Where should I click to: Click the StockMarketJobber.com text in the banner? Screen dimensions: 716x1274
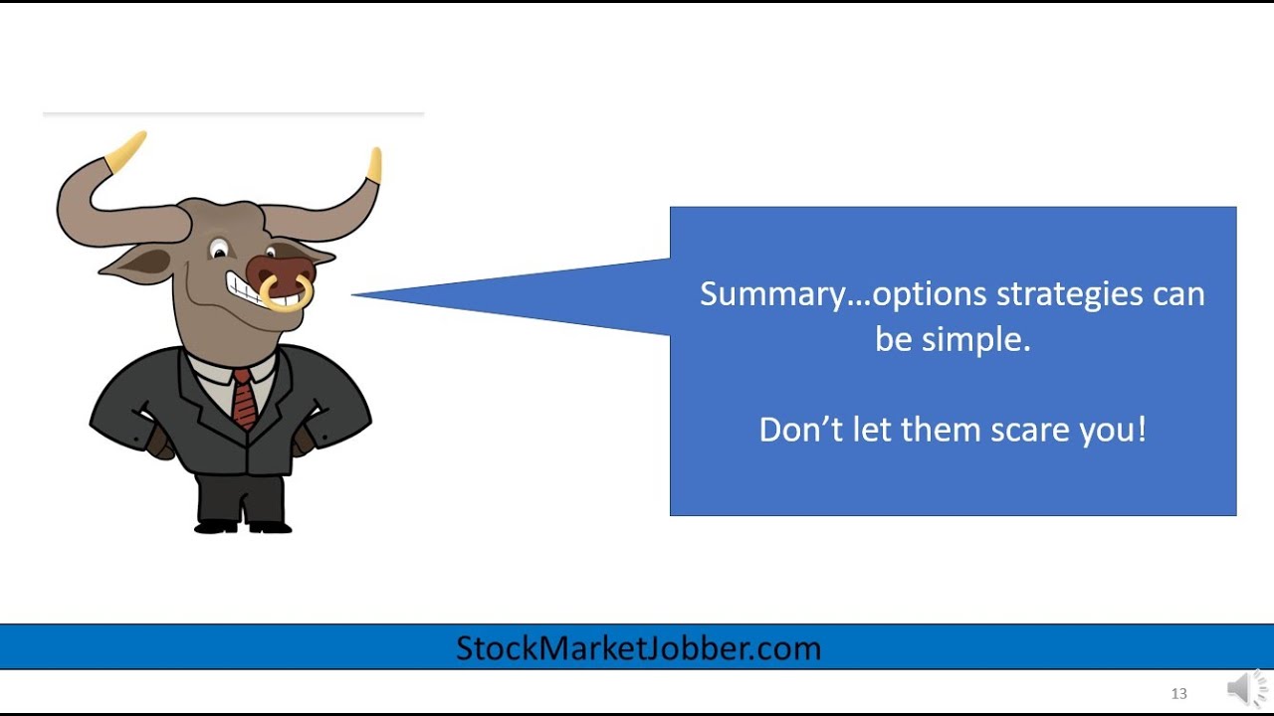click(638, 648)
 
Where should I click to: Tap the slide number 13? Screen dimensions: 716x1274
click(1178, 693)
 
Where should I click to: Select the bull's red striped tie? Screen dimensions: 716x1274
click(244, 397)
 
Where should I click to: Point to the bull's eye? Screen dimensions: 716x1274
click(219, 250)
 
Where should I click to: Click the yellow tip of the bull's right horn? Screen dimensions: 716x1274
click(374, 165)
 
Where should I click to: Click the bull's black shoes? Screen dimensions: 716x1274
click(244, 526)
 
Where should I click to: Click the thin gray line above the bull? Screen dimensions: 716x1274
click(233, 114)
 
